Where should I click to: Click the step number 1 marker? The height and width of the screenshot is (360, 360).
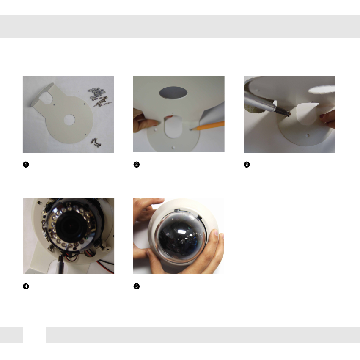click(x=26, y=165)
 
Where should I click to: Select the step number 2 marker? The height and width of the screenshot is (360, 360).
click(x=136, y=165)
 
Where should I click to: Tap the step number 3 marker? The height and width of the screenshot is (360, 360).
click(x=247, y=165)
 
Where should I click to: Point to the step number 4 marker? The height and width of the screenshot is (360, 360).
click(x=26, y=286)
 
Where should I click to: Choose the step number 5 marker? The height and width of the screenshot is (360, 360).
click(x=136, y=286)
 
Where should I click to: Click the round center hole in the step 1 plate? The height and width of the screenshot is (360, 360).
click(x=69, y=120)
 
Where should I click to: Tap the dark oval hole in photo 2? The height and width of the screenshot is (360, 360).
click(x=173, y=93)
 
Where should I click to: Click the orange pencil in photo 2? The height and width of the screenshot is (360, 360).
click(x=208, y=126)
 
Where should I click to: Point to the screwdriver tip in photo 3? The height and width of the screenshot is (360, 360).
click(x=288, y=113)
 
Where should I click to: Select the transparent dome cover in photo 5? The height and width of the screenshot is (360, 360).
click(x=181, y=235)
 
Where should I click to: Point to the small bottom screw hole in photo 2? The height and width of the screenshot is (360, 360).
click(x=173, y=147)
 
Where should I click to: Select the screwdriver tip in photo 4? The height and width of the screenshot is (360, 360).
click(x=61, y=258)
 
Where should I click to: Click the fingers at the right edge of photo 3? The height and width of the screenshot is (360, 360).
click(x=327, y=119)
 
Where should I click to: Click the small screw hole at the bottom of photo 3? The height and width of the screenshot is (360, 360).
click(x=308, y=136)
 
